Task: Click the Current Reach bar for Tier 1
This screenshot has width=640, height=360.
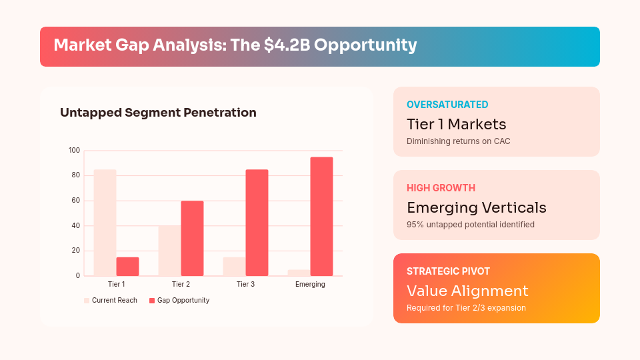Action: pos(105,223)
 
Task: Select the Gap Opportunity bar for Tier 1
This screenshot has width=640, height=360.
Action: pos(127,267)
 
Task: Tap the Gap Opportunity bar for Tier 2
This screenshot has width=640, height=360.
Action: pos(192,238)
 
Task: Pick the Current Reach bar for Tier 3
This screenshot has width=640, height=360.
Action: pos(234,267)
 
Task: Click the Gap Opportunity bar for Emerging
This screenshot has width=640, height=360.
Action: pos(321,216)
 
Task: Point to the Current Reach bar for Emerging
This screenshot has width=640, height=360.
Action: pos(299,273)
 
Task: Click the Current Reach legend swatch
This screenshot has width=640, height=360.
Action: pos(87,301)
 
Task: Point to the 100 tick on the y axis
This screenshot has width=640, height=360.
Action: pos(74,151)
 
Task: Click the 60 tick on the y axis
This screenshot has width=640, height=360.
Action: pos(75,201)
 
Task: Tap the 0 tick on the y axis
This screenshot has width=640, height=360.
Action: pos(77,276)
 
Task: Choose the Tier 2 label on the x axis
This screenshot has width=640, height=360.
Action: pos(181,285)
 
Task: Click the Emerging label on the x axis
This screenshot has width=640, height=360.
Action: pos(310,285)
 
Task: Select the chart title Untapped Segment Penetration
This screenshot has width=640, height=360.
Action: pos(158,113)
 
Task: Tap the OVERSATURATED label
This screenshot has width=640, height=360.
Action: pos(447,105)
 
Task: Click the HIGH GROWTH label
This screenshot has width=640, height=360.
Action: pos(441,188)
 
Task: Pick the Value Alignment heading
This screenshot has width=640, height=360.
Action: pos(467,291)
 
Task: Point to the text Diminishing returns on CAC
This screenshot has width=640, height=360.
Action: pos(458,141)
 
